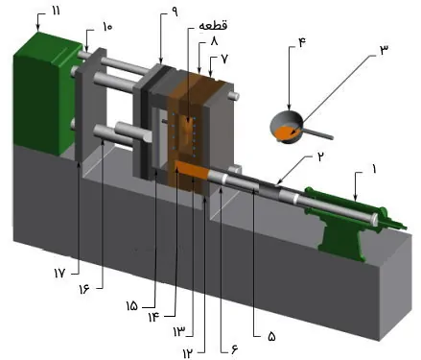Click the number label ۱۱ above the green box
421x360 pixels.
pyautogui.click(x=56, y=10)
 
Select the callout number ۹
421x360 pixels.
pyautogui.click(x=174, y=12)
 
